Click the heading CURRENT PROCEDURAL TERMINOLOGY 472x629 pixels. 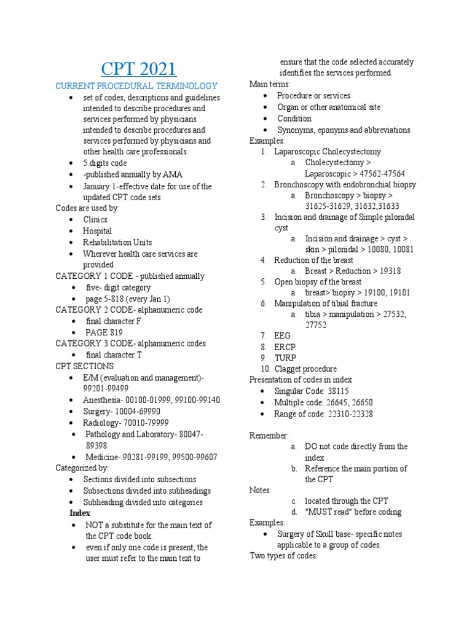(136, 86)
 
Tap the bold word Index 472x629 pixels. (80, 513)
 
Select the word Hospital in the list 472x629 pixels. (98, 231)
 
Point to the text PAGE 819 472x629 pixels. (104, 332)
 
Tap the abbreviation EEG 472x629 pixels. (282, 336)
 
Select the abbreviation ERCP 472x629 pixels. (285, 347)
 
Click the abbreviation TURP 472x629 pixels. (285, 358)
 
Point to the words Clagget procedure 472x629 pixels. (305, 369)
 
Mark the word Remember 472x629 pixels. (269, 436)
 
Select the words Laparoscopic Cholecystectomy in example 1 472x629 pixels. (328, 151)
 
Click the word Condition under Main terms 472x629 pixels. (294, 119)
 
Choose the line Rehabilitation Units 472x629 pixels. (117, 242)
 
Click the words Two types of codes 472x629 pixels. (283, 556)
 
